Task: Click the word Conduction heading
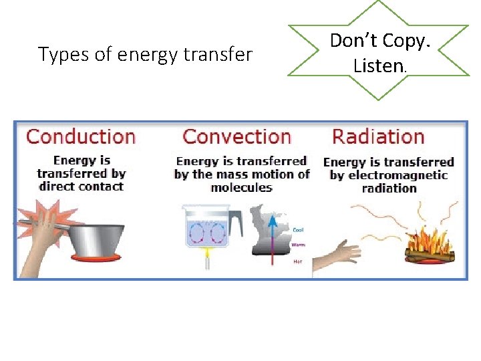pos(80,137)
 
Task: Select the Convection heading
pos(236,137)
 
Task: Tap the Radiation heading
pos(378,137)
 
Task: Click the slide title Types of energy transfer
pos(145,54)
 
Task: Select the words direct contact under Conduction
pos(82,187)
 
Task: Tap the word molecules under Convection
pos(241,187)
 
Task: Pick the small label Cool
pos(298,230)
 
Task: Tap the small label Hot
pos(297,261)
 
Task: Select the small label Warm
pos(299,245)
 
